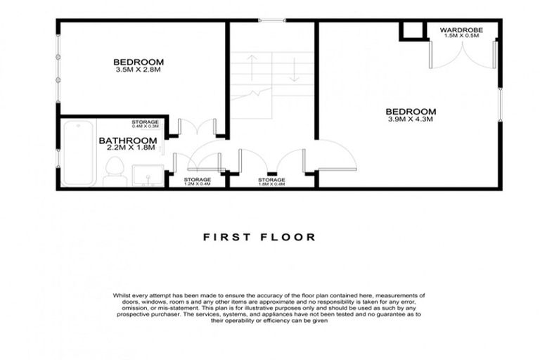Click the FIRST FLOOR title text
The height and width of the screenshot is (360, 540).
(259, 237)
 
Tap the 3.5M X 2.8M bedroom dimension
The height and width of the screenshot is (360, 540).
(138, 70)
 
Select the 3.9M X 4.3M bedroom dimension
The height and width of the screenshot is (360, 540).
(410, 120)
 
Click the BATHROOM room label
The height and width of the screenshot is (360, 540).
(127, 141)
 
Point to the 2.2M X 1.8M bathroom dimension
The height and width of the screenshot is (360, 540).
(127, 149)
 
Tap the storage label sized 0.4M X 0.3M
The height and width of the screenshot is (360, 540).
(146, 124)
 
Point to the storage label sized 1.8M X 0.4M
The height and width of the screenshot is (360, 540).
(271, 182)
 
